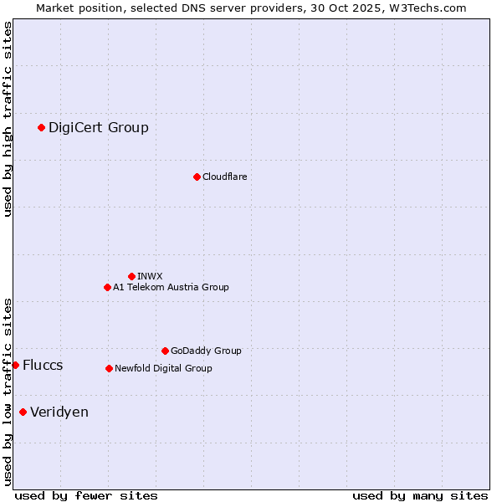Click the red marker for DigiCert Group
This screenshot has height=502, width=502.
(x=41, y=127)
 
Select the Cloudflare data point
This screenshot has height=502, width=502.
(x=197, y=177)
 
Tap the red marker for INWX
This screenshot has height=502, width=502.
(x=131, y=276)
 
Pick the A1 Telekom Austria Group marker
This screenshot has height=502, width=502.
(x=107, y=287)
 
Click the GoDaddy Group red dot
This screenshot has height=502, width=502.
(x=165, y=351)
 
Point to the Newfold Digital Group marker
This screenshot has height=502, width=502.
(x=109, y=368)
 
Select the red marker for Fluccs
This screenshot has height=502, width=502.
(x=15, y=365)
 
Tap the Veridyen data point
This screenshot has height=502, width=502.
(x=23, y=412)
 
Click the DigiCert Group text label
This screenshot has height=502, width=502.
(x=99, y=127)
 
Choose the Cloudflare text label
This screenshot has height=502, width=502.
(x=225, y=177)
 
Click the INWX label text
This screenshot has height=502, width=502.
(x=150, y=276)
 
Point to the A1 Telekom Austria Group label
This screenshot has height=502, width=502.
(x=171, y=287)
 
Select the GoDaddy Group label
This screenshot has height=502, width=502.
(x=206, y=351)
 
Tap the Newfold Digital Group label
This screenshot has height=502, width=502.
(x=163, y=368)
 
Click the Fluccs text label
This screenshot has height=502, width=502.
(x=43, y=365)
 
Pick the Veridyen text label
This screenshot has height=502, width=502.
(x=59, y=412)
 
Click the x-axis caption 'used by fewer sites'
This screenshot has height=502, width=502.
(x=86, y=495)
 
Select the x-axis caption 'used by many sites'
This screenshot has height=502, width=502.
(x=420, y=495)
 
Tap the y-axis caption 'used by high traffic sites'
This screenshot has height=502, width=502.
(x=8, y=119)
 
